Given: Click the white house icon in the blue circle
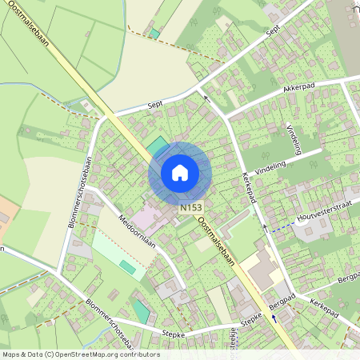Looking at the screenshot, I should click(180, 172).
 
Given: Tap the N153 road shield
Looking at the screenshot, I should click(190, 207).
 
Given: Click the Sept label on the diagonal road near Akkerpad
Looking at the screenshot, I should click(274, 30).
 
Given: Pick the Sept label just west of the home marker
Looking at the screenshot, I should click(155, 105).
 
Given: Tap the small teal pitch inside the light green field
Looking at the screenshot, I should click(128, 266).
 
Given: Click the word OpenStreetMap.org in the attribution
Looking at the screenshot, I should click(86, 354).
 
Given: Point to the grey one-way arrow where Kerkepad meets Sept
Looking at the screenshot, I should click(206, 98).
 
